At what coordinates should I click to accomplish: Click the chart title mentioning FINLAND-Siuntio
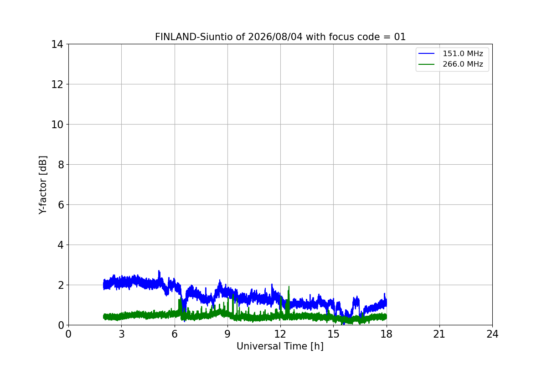tap(280, 37)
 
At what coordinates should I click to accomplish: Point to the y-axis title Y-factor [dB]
tap(43, 185)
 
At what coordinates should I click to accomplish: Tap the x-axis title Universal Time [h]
tap(280, 346)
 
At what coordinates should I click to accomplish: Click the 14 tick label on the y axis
tap(57, 45)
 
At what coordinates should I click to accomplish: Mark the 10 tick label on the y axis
tap(57, 125)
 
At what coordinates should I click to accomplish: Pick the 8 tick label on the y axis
tap(61, 165)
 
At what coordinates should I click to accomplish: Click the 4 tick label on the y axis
tap(61, 245)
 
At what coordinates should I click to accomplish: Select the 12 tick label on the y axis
tap(57, 84)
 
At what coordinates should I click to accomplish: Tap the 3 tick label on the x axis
tap(122, 334)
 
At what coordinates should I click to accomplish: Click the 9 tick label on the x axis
tap(227, 334)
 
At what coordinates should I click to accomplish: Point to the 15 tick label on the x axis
tap(333, 334)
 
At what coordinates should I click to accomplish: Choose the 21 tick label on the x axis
tap(439, 334)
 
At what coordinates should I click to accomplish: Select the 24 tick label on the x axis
tap(492, 334)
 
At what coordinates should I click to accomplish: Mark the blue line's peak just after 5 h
tap(159, 271)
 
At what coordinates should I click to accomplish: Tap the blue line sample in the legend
tap(426, 53)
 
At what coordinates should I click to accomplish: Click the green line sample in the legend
tap(426, 64)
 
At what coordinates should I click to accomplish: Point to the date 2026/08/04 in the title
tap(275, 37)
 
